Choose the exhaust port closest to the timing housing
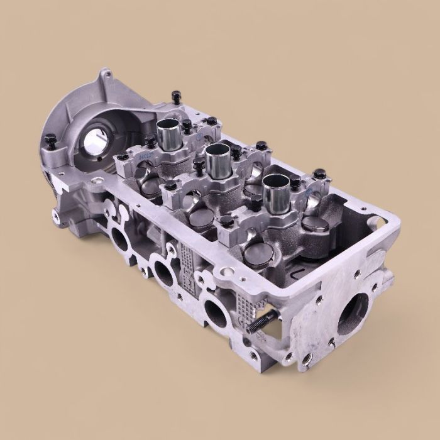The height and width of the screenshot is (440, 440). [119, 239]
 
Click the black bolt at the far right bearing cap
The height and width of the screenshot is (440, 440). [319, 172]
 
